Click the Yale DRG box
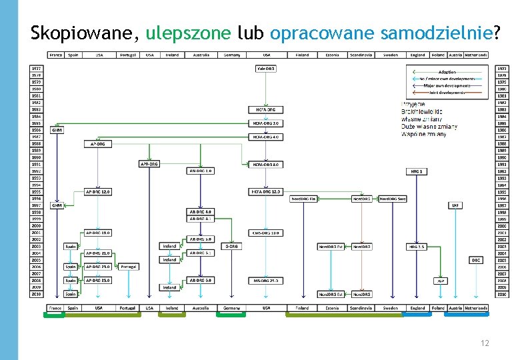pyautogui.click(x=266, y=68)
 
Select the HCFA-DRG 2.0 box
pyautogui.click(x=266, y=123)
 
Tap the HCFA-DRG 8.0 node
pyautogui.click(x=266, y=164)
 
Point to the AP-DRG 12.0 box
pyautogui.click(x=98, y=191)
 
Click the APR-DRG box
pyautogui.click(x=149, y=163)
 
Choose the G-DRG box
pyautogui.click(x=231, y=246)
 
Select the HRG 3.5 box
pyautogui.click(x=417, y=246)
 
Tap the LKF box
pyautogui.click(x=455, y=205)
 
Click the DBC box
pyautogui.click(x=476, y=259)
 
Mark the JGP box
pyautogui.click(x=440, y=281)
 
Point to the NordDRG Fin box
pyautogui.click(x=303, y=199)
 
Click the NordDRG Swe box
pyautogui.click(x=393, y=199)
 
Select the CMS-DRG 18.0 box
pyautogui.click(x=266, y=233)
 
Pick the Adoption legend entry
pyautogui.click(x=447, y=71)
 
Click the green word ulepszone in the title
pyautogui.click(x=189, y=33)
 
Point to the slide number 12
pyautogui.click(x=485, y=343)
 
